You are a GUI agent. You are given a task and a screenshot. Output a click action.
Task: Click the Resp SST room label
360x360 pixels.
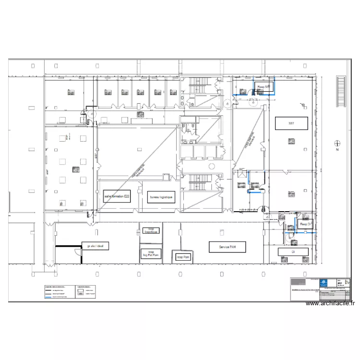pyautogui.click(x=264, y=87)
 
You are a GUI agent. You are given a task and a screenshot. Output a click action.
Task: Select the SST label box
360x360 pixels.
pyautogui.click(x=291, y=123)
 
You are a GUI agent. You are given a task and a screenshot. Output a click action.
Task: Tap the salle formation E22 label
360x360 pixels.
pyautogui.click(x=117, y=197)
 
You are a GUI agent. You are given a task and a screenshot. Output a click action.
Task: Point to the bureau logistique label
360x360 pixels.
pyautogui.click(x=161, y=197)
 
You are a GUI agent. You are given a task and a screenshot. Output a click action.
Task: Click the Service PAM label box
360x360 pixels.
pyautogui.click(x=227, y=247)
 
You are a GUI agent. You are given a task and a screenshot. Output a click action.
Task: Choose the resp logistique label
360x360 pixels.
pyautogui.click(x=150, y=230)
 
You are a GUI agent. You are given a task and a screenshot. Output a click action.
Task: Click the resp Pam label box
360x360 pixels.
pyautogui.click(x=183, y=257)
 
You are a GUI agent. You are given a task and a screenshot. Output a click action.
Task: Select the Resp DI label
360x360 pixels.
pyautogui.click(x=305, y=224)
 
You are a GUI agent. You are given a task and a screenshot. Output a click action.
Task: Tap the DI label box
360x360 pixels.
pyautogui.click(x=293, y=251)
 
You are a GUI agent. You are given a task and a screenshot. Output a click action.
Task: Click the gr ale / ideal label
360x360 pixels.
pyautogui.click(x=96, y=246)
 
